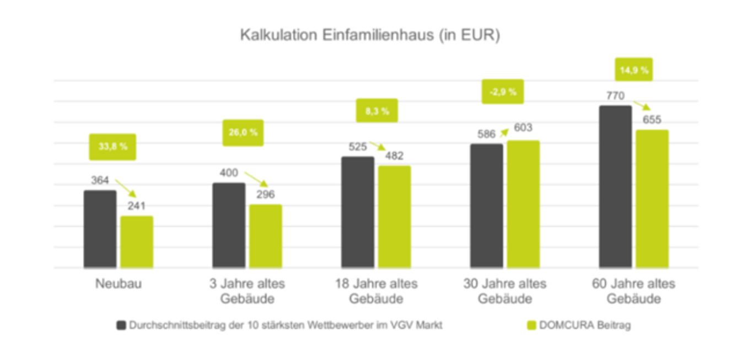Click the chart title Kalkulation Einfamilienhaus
pos(370,35)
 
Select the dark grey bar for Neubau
pos(100,229)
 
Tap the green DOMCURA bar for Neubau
pos(137,242)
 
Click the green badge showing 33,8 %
pos(112,147)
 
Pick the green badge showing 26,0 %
pos(243,133)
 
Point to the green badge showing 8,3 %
pos(377,111)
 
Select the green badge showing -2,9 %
pos(503,92)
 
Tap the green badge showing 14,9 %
pos(634,70)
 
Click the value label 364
pos(100,180)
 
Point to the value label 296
pos(265,195)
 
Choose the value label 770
pos(615,96)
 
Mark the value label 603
pos(523,128)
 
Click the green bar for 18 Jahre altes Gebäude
pos(394,217)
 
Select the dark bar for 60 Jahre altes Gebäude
pos(615,187)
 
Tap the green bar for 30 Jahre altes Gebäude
pos(523,205)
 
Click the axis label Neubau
pos(118,284)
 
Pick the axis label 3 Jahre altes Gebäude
pos(247,292)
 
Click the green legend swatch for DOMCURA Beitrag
pos(532,325)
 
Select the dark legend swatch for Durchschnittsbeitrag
pos(121,325)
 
